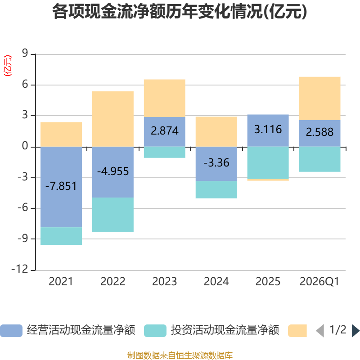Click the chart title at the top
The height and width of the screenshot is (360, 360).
click(x=180, y=12)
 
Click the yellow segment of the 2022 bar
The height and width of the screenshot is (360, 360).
click(x=112, y=119)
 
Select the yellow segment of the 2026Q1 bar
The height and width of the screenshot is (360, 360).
click(x=319, y=98)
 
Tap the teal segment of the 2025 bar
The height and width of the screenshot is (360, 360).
click(x=268, y=162)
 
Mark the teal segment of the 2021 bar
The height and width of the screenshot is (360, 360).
click(x=61, y=236)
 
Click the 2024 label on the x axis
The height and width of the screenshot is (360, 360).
click(x=216, y=282)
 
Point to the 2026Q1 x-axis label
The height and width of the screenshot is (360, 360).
click(x=319, y=282)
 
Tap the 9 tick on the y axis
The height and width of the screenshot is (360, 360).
click(x=25, y=54)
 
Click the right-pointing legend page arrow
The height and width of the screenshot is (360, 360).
click(x=355, y=331)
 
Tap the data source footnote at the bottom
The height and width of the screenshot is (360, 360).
click(x=180, y=355)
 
